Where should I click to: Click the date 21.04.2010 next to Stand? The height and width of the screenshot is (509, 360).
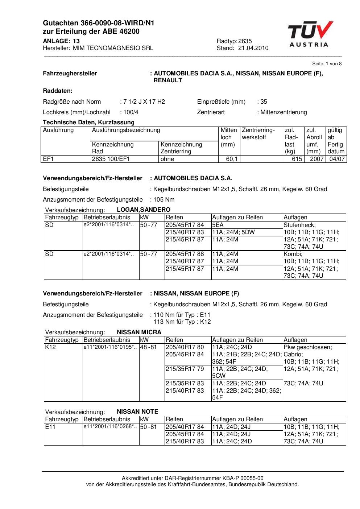(253, 48)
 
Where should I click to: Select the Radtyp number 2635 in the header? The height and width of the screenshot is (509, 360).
(245, 41)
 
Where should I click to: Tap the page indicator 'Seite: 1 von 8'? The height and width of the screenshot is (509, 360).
(327, 64)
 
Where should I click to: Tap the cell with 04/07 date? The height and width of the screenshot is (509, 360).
(336, 159)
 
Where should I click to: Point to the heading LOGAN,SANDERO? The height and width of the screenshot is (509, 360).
(144, 210)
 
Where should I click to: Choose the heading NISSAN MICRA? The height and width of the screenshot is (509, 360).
(139, 332)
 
